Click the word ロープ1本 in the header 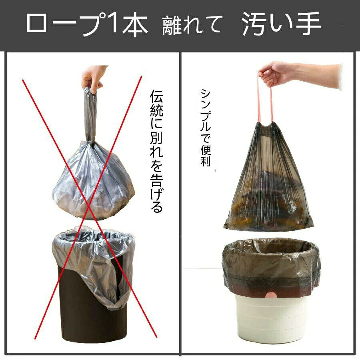pos(87,24)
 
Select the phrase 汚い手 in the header pos(281,24)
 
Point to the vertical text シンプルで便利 pos(206,128)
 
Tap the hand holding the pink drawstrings pos(298,75)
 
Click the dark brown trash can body pos(92,308)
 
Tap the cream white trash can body pos(270,319)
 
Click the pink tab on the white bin pos(270,295)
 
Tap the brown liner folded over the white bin pos(271,264)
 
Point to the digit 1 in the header pos(113,22)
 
